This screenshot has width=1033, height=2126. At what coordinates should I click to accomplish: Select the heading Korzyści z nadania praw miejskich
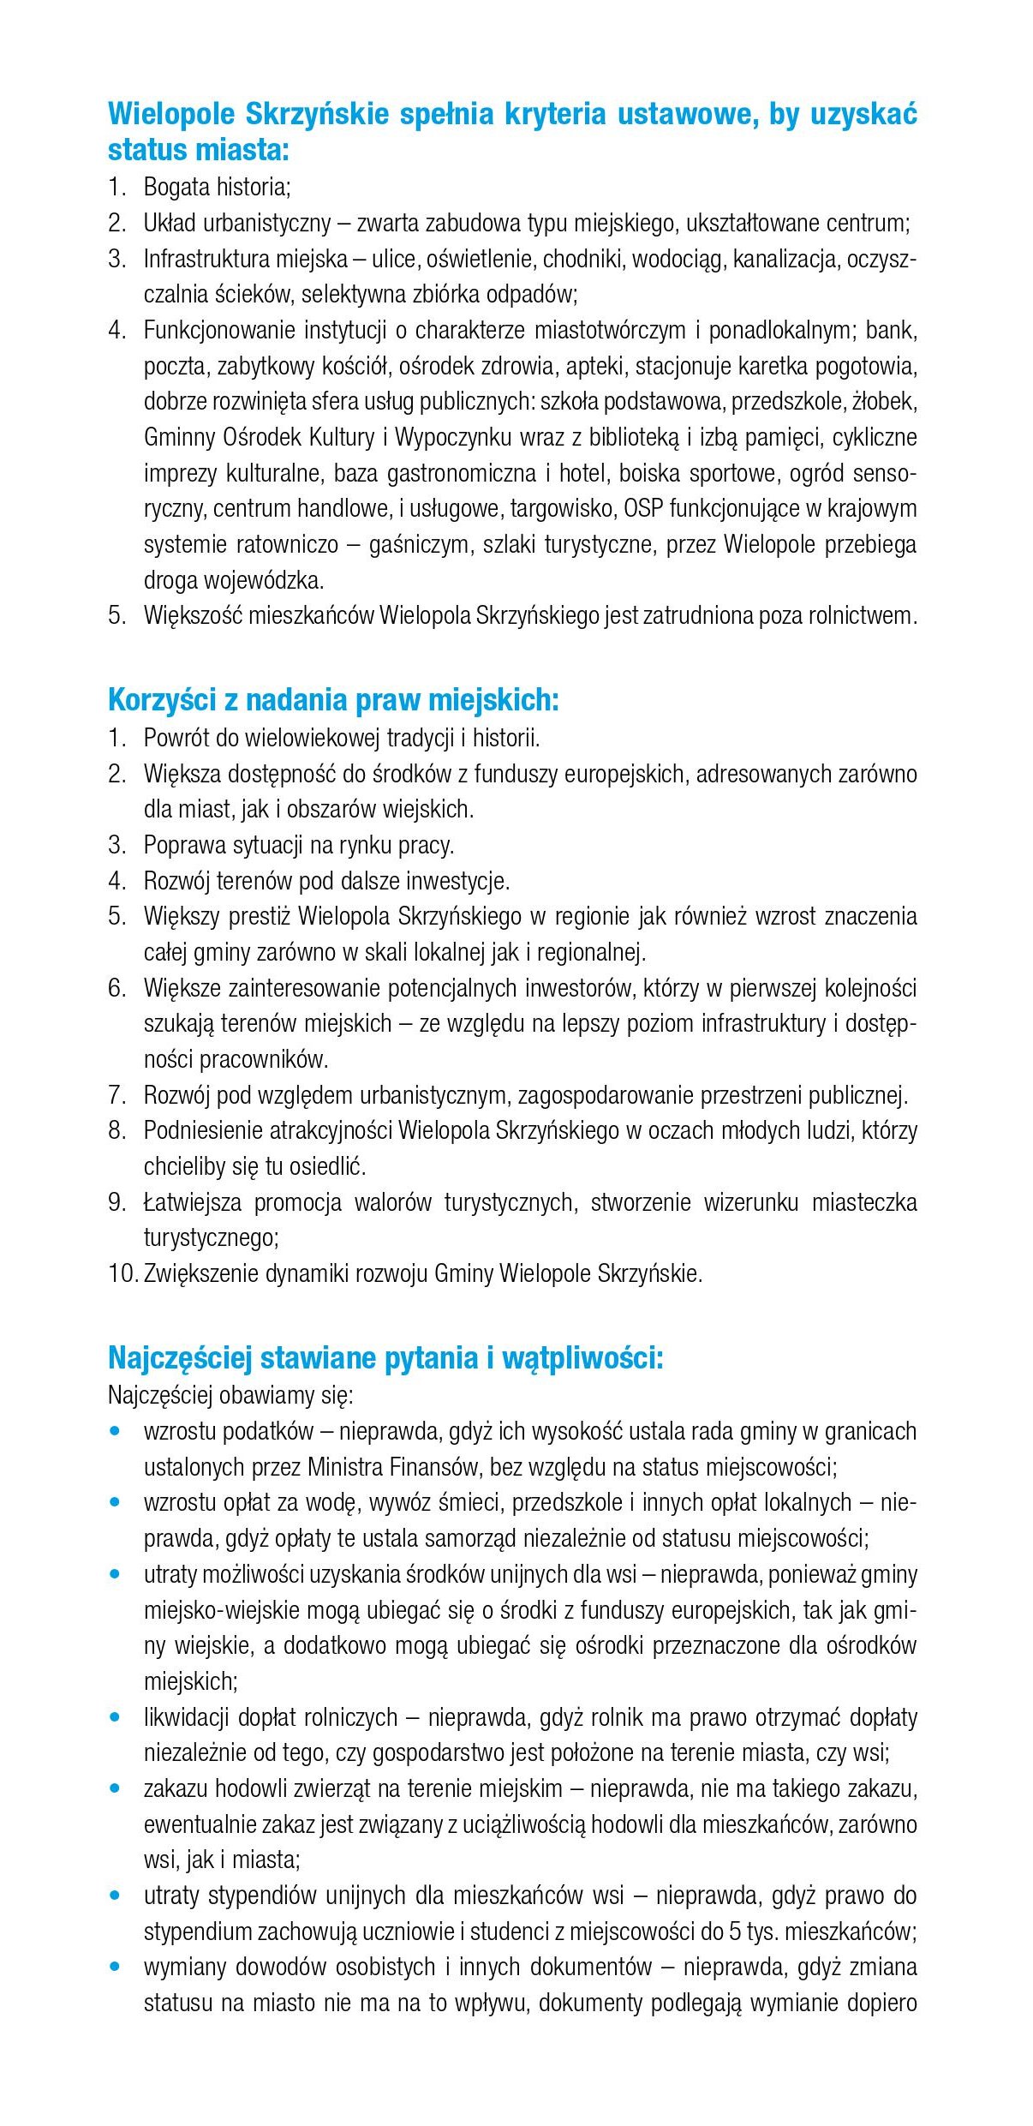pos(333,700)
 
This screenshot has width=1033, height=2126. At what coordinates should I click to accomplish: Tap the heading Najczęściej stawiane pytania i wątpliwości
pos(385,1357)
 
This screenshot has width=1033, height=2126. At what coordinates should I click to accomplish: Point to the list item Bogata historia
pos(217,187)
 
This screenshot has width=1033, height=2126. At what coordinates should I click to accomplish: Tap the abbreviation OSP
pos(643,509)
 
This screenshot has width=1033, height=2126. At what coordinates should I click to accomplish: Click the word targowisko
pos(561,509)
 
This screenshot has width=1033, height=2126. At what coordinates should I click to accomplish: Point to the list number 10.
pos(122,1273)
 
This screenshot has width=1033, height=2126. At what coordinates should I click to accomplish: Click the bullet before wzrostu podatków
pos(116,1431)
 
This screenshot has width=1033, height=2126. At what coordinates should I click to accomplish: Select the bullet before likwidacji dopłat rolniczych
pos(116,1717)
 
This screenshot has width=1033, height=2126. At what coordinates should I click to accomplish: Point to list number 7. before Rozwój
pos(117,1095)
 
